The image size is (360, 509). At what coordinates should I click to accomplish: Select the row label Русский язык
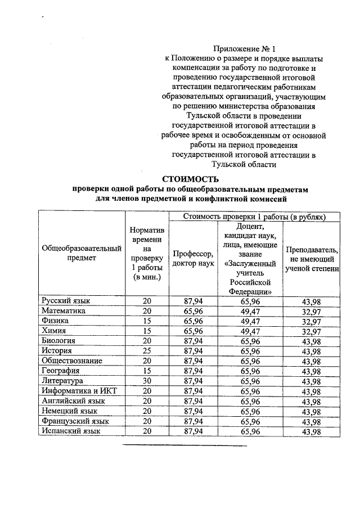(66, 301)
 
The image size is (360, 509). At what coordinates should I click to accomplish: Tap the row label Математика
(64, 310)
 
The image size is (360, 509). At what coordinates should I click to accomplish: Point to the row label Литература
(63, 381)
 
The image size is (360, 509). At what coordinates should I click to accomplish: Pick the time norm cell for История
(147, 351)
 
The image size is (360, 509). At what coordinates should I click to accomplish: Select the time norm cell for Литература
(147, 381)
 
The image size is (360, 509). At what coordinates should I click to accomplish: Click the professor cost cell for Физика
(193, 321)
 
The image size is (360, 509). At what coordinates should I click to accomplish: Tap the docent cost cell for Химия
(250, 331)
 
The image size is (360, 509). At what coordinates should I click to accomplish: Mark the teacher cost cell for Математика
(311, 312)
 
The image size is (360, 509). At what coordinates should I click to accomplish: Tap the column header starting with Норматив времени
(147, 254)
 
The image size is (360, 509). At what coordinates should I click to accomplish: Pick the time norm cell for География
(147, 371)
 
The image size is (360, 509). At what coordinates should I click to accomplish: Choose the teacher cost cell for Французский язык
(311, 422)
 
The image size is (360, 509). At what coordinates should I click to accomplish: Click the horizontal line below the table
(185, 445)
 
